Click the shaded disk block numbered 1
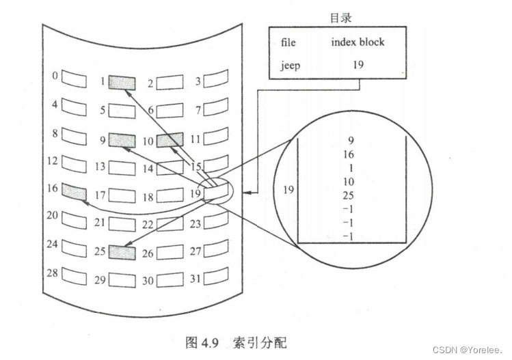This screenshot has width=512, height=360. pyautogui.click(x=122, y=82)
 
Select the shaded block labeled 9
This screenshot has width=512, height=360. pyautogui.click(x=122, y=140)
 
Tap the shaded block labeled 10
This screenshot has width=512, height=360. pyautogui.click(x=170, y=141)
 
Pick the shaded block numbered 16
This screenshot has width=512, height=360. pyautogui.click(x=74, y=191)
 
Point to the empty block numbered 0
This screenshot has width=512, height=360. pyautogui.click(x=75, y=77)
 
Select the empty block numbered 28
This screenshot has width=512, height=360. pyautogui.click(x=75, y=275)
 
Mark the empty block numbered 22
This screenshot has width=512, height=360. pyautogui.click(x=170, y=223)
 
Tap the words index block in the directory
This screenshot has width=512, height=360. pyautogui.click(x=358, y=42)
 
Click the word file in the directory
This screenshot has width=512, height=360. pyautogui.click(x=288, y=42)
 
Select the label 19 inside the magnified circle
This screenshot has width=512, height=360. pyautogui.click(x=288, y=189)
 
